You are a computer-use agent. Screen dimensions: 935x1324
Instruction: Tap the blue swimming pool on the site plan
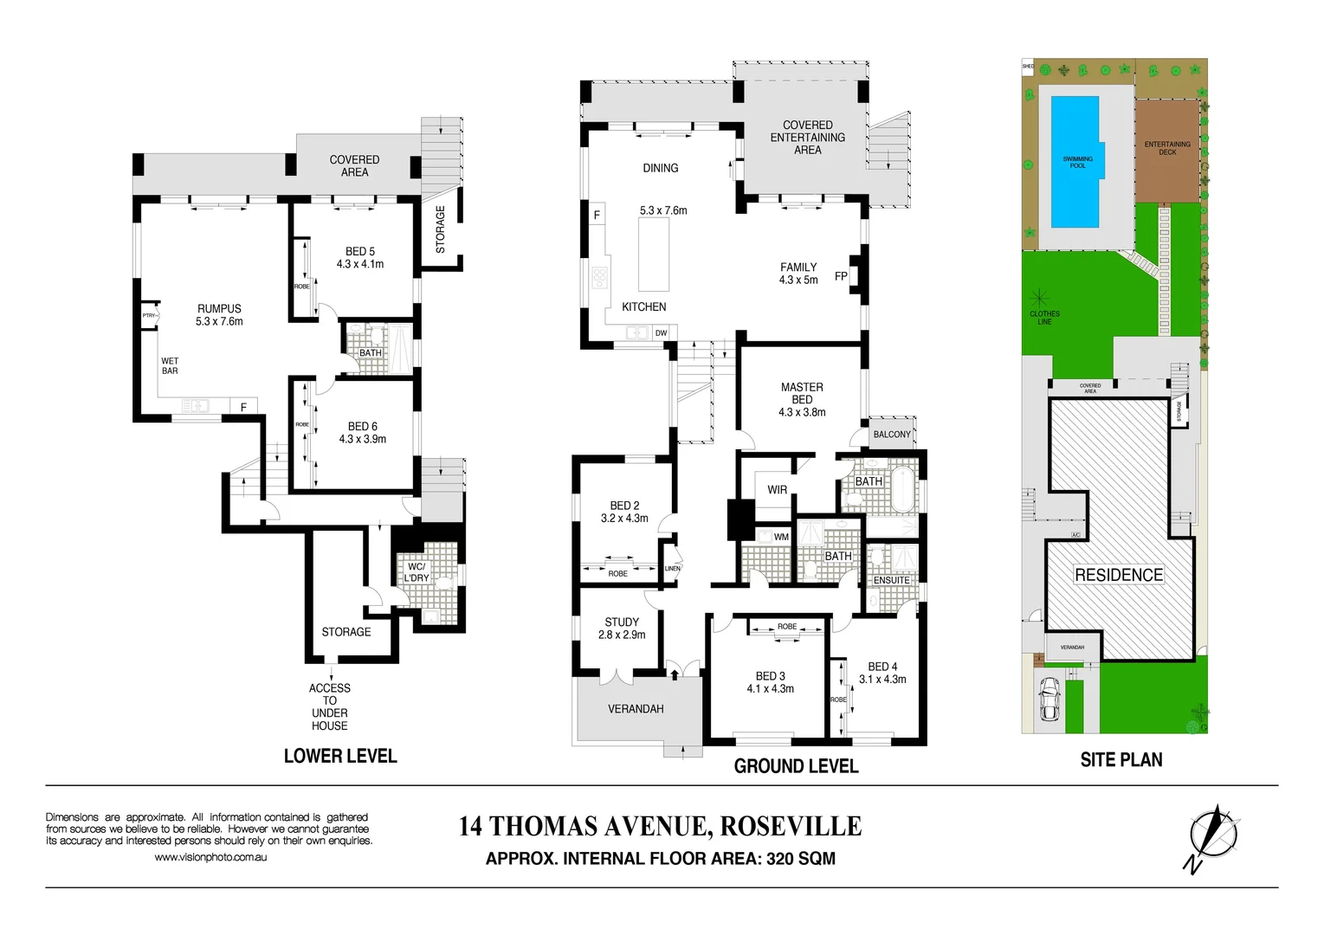tap(1076, 162)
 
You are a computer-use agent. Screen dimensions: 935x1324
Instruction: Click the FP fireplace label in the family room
tap(841, 277)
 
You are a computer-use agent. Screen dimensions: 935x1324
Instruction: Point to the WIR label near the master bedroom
tap(777, 490)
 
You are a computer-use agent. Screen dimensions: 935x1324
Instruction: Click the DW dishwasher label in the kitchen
tap(661, 333)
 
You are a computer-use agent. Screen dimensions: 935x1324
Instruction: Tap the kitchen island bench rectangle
tap(654, 255)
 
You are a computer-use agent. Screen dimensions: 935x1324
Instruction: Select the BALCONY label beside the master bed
tap(892, 435)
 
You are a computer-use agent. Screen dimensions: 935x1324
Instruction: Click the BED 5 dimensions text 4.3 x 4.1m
tap(360, 264)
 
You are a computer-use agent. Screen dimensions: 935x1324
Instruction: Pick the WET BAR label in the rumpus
tap(170, 366)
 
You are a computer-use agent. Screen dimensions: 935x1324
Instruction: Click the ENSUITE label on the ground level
tap(891, 580)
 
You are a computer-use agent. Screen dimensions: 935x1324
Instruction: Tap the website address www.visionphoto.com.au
tap(210, 857)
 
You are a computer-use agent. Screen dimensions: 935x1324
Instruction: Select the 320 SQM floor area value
tap(801, 859)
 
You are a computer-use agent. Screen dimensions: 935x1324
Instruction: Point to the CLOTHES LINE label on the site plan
tap(1044, 318)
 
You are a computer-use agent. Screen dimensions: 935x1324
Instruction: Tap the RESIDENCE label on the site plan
tap(1119, 575)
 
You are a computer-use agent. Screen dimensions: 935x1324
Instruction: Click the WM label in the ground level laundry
tap(781, 537)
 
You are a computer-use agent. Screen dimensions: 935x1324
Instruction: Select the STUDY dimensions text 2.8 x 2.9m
tap(622, 635)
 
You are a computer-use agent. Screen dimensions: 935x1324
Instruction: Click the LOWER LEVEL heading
tap(340, 756)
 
